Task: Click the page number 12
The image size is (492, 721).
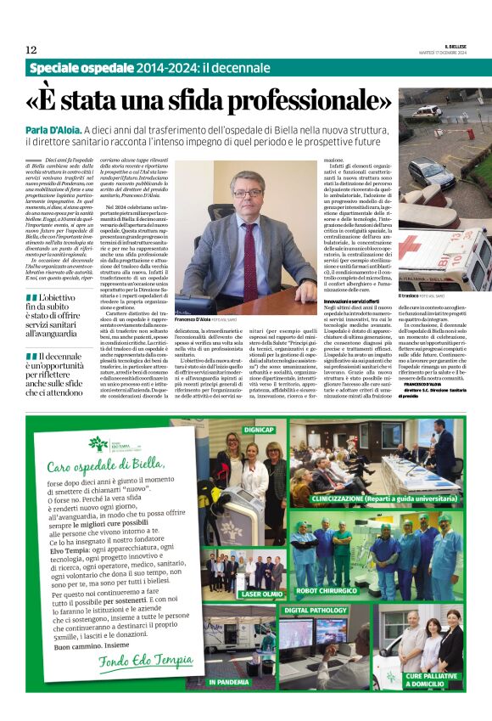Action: point(31,49)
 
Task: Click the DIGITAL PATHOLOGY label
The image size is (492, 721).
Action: point(316,610)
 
